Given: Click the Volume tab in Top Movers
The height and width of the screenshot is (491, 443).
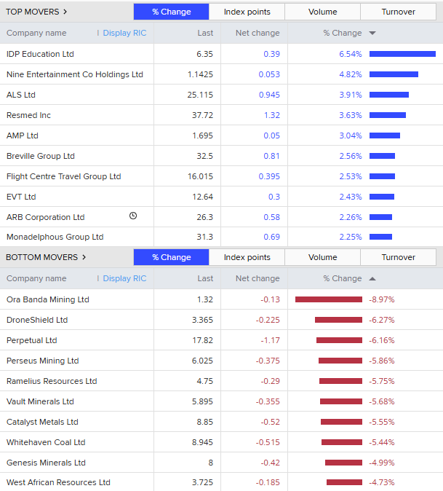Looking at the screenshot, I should (322, 12).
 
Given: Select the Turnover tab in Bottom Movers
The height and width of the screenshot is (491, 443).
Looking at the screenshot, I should (398, 257).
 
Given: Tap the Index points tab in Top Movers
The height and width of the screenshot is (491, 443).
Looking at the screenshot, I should (247, 12).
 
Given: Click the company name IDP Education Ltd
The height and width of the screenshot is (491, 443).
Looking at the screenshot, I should (40, 54).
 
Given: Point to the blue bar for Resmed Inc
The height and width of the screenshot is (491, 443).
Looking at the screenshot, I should (387, 115).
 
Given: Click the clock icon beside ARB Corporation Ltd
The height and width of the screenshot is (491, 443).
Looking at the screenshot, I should (133, 216).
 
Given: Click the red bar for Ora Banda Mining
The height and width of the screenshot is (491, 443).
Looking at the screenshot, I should (328, 299).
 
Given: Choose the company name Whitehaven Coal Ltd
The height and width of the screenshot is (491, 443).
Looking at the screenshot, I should (46, 442).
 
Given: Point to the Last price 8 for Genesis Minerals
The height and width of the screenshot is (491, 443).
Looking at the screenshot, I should (210, 463).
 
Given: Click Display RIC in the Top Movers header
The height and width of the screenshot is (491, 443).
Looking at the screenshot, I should (124, 33).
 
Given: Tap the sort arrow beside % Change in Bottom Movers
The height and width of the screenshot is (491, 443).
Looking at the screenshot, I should (372, 278).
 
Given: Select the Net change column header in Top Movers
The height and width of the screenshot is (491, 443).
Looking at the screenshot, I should (258, 33).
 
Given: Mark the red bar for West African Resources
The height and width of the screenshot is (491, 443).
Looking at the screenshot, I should (344, 482).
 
